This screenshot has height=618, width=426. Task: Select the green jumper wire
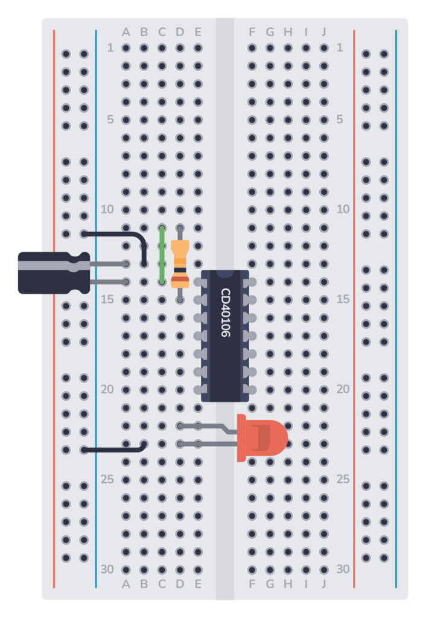click(162, 255)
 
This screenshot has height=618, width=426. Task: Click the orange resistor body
click(180, 264)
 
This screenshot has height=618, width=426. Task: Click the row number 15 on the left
click(107, 299)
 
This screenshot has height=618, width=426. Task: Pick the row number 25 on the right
click(343, 479)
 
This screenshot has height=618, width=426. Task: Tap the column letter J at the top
click(324, 31)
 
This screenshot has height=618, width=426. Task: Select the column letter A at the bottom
click(126, 584)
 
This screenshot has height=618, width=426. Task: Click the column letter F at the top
click(252, 31)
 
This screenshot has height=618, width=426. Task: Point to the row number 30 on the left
click(107, 569)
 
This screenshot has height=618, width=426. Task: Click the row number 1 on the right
click(340, 48)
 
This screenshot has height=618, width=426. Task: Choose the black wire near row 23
click(115, 449)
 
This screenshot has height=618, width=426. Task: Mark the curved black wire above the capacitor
click(121, 234)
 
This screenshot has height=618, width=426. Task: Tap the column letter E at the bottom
click(198, 584)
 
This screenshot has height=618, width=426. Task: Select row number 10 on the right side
click(343, 209)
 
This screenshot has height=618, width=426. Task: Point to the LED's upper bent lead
click(208, 427)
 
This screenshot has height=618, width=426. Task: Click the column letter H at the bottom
click(288, 584)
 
